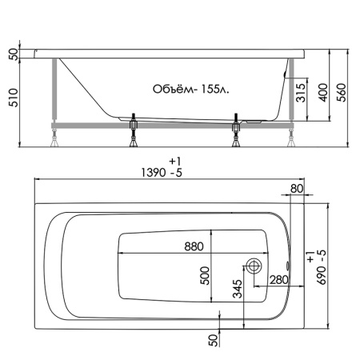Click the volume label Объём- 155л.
(x=191, y=90)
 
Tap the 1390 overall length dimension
(x=153, y=173)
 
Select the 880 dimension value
(x=194, y=246)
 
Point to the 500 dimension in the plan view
(x=205, y=275)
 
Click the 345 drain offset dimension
(x=238, y=289)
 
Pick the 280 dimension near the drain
(x=279, y=280)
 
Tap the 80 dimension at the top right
(x=297, y=189)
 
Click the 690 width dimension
(x=322, y=275)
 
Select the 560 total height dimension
(x=342, y=93)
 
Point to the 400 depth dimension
(x=323, y=93)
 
